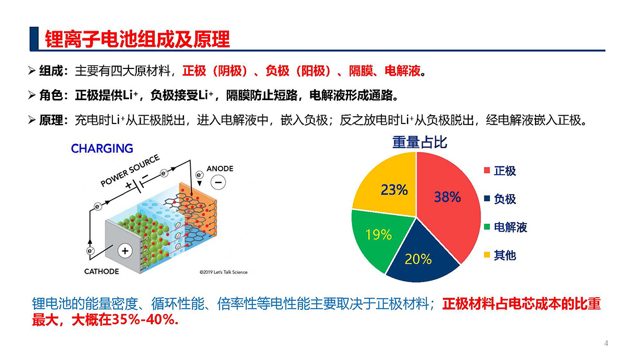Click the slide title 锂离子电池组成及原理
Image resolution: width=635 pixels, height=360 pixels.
click(137, 40)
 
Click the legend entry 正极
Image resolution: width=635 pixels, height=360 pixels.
click(500, 171)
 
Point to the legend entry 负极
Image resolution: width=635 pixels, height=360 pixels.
click(500, 199)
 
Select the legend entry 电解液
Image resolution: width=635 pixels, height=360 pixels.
click(506, 227)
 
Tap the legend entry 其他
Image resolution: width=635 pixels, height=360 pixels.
click(500, 255)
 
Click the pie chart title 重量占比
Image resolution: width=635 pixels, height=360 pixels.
click(420, 142)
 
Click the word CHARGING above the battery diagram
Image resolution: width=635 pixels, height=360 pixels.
click(102, 149)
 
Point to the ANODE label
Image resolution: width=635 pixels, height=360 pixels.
click(220, 169)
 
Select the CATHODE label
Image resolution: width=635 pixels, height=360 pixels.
click(102, 272)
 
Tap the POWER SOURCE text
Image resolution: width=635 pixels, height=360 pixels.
click(130, 171)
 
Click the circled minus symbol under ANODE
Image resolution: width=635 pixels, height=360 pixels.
click(219, 183)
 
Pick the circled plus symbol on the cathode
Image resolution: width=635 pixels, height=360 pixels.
click(125, 251)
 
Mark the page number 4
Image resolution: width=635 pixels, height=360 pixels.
click(606, 343)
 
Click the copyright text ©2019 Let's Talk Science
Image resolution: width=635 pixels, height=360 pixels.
click(224, 272)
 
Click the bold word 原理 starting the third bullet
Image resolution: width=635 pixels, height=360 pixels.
click(51, 120)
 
